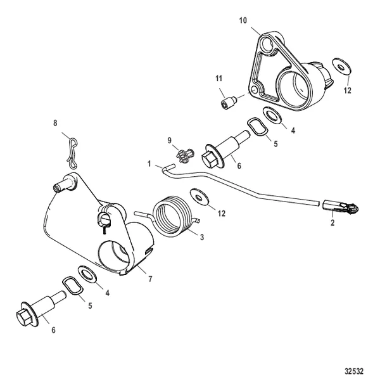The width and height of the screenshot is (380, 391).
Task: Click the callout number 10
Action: pos(243,20)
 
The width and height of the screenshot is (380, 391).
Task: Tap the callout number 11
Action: pos(218,79)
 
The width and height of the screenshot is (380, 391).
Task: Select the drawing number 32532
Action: pos(354,371)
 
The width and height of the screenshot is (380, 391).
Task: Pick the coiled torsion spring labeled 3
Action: pos(170,216)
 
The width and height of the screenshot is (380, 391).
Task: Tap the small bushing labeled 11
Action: pos(229,102)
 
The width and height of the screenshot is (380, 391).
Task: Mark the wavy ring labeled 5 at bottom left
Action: pos(72,286)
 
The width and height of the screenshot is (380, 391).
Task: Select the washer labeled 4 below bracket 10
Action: pos(272,115)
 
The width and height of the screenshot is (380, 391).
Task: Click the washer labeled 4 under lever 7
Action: pos(87,274)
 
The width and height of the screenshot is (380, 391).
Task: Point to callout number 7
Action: pos(150,279)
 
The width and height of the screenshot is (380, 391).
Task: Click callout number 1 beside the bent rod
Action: pos(149,164)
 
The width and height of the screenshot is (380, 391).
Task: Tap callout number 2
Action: pos(332,222)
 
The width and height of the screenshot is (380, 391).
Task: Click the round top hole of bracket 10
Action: pos(266,45)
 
